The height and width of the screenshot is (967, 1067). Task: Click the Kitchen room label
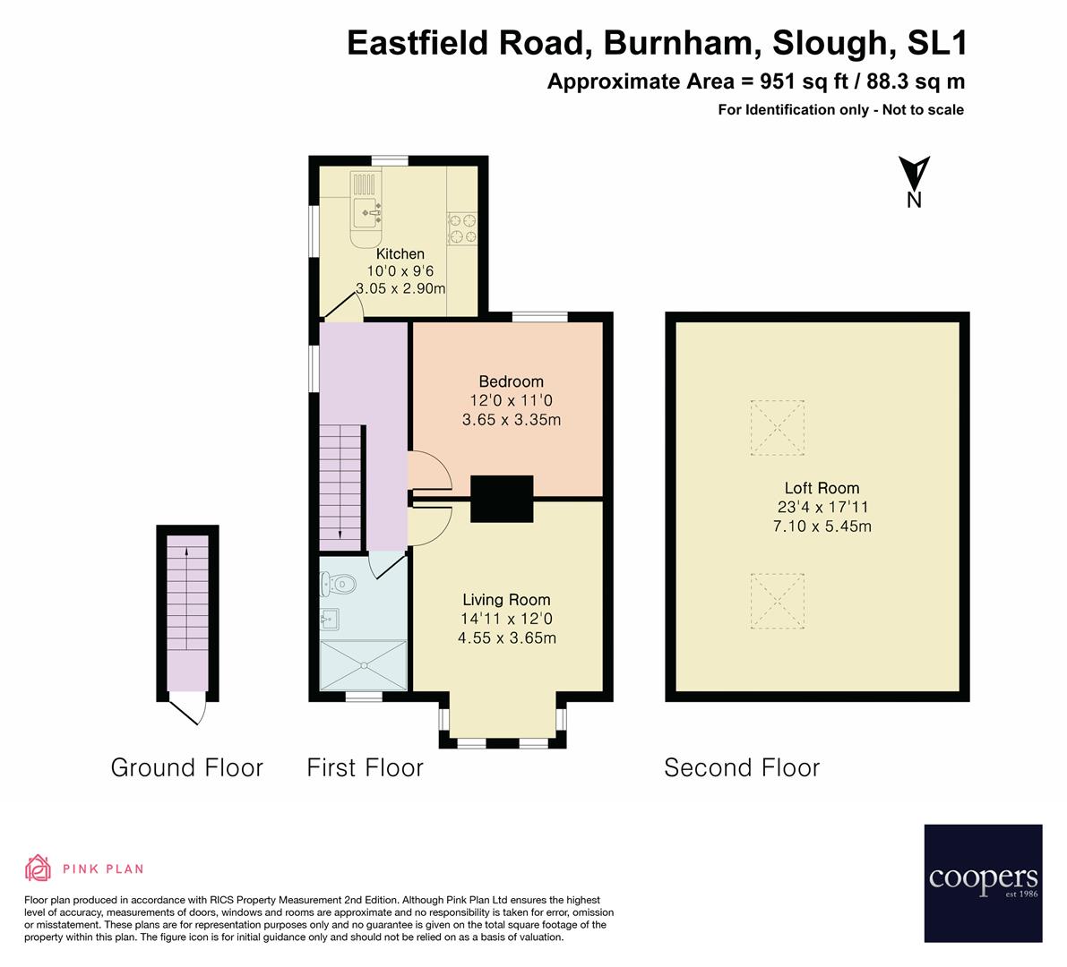click(400, 254)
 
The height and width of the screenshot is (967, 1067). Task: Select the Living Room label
click(506, 600)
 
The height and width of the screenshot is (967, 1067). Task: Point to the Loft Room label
click(822, 488)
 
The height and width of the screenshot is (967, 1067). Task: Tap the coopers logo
click(983, 883)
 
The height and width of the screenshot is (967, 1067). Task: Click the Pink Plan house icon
click(39, 868)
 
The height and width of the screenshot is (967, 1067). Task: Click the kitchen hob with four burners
click(463, 227)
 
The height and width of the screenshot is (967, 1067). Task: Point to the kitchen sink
click(367, 212)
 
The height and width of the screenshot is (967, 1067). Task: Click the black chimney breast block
click(502, 498)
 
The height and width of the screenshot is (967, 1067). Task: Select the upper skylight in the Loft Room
click(777, 428)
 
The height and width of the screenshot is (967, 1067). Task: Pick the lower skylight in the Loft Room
click(777, 600)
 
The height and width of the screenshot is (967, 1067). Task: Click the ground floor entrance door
click(189, 713)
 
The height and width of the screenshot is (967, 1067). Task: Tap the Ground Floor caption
click(186, 767)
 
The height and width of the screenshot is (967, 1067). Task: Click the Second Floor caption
click(741, 767)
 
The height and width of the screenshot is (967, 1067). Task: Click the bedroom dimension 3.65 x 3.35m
click(511, 419)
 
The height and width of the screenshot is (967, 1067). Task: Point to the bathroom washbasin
click(329, 617)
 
